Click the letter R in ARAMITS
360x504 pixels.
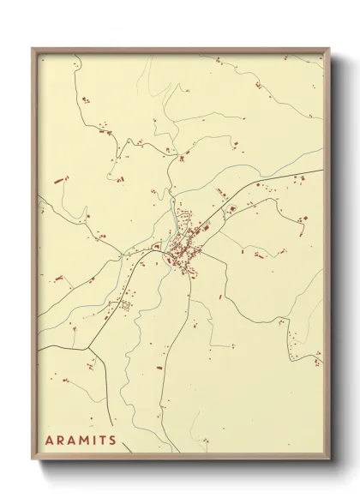point(61,441)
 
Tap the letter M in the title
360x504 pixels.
point(84,441)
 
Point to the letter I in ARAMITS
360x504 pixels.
point(94,441)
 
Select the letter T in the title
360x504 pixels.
point(103,441)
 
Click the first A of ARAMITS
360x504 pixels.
point(50,441)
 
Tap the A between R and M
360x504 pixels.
point(72,441)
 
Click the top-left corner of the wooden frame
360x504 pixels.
point(33,49)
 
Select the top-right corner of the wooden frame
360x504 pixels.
point(329,49)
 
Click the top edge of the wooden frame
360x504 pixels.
point(181,50)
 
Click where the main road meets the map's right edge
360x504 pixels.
point(324,170)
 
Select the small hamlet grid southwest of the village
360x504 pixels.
point(123,304)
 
